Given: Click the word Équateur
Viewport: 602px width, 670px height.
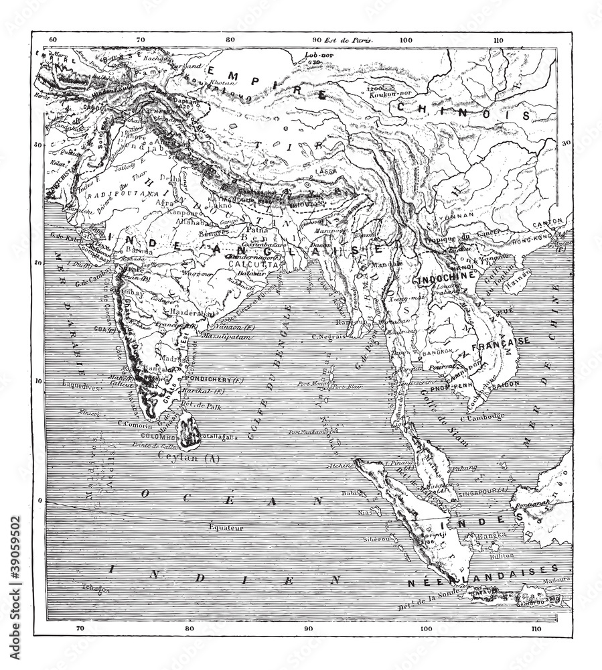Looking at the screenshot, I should [224, 527].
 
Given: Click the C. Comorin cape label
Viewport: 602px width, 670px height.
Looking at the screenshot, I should [133, 422].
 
